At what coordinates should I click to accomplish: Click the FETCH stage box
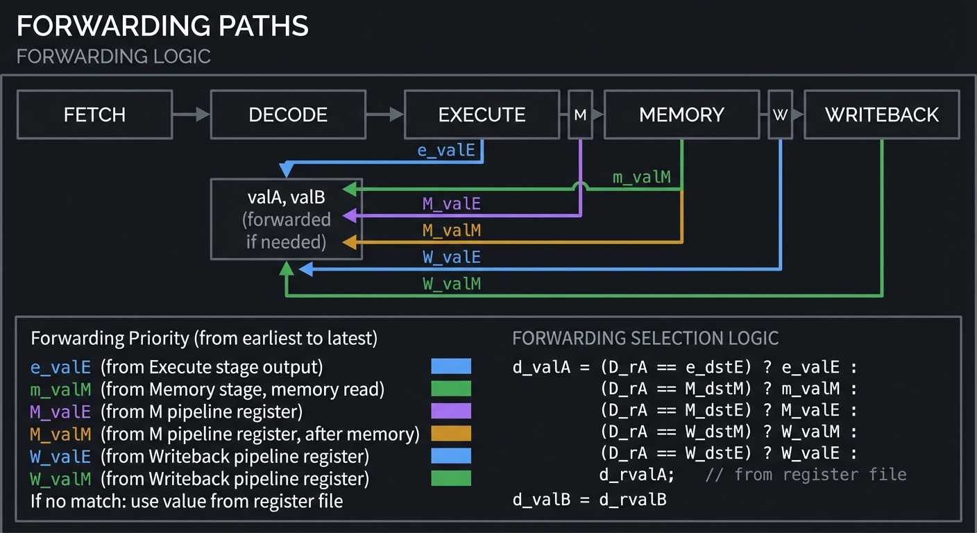click(94, 115)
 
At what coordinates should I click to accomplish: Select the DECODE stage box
click(287, 115)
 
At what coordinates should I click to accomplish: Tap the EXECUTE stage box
click(482, 115)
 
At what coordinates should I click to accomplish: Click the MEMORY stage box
click(681, 115)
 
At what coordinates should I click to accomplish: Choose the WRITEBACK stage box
click(881, 115)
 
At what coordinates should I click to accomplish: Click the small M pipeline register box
click(580, 115)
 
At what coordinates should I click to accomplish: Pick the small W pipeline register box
click(780, 115)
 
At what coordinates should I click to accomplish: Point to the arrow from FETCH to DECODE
click(191, 115)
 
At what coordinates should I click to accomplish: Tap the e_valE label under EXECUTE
click(446, 151)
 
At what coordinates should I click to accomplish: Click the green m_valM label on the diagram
click(641, 178)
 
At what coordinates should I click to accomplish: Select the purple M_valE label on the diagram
click(451, 204)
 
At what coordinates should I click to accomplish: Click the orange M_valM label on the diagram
click(451, 230)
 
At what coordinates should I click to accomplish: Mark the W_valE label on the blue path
click(451, 257)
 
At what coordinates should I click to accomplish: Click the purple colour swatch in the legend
click(450, 412)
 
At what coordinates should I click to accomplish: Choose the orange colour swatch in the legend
click(450, 434)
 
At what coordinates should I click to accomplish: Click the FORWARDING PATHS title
click(162, 26)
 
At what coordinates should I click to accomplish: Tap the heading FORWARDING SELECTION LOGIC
click(645, 339)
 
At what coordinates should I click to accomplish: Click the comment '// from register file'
click(806, 475)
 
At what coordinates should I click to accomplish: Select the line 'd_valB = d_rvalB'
click(589, 499)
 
